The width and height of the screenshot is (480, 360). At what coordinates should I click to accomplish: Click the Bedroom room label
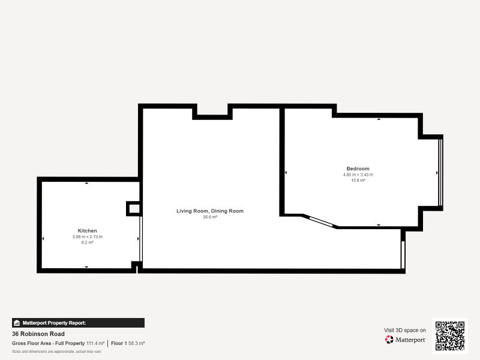358,169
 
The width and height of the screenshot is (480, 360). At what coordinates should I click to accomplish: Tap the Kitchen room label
87,231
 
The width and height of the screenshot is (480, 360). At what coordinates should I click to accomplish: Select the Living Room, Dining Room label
210,211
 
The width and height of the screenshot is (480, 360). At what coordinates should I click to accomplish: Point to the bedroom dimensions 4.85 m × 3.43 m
358,175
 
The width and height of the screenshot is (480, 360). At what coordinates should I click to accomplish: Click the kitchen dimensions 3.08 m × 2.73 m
87,236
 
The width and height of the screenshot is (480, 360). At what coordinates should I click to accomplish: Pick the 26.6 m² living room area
210,217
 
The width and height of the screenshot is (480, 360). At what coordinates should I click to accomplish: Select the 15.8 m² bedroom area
358,181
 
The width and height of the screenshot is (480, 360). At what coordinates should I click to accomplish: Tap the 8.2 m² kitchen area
87,242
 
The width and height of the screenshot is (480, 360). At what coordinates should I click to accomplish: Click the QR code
450,336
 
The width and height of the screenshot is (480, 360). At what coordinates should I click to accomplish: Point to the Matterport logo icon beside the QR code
389,340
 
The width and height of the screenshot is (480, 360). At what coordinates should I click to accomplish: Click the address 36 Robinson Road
38,334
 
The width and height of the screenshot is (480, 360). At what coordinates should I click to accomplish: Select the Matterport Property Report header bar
79,323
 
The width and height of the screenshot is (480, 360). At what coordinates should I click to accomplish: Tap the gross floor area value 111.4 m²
95,343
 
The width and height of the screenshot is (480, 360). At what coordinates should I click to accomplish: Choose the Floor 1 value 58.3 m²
136,343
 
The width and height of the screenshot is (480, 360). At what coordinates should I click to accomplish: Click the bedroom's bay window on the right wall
440,173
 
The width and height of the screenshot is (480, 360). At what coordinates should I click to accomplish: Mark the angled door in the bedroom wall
322,222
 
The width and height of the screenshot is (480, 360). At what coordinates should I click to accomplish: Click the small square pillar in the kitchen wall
133,209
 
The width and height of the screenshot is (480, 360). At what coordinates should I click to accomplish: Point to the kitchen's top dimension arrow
86,183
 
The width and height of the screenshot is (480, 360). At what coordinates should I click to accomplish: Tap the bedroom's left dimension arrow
286,173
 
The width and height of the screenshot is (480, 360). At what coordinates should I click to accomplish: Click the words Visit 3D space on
404,331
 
